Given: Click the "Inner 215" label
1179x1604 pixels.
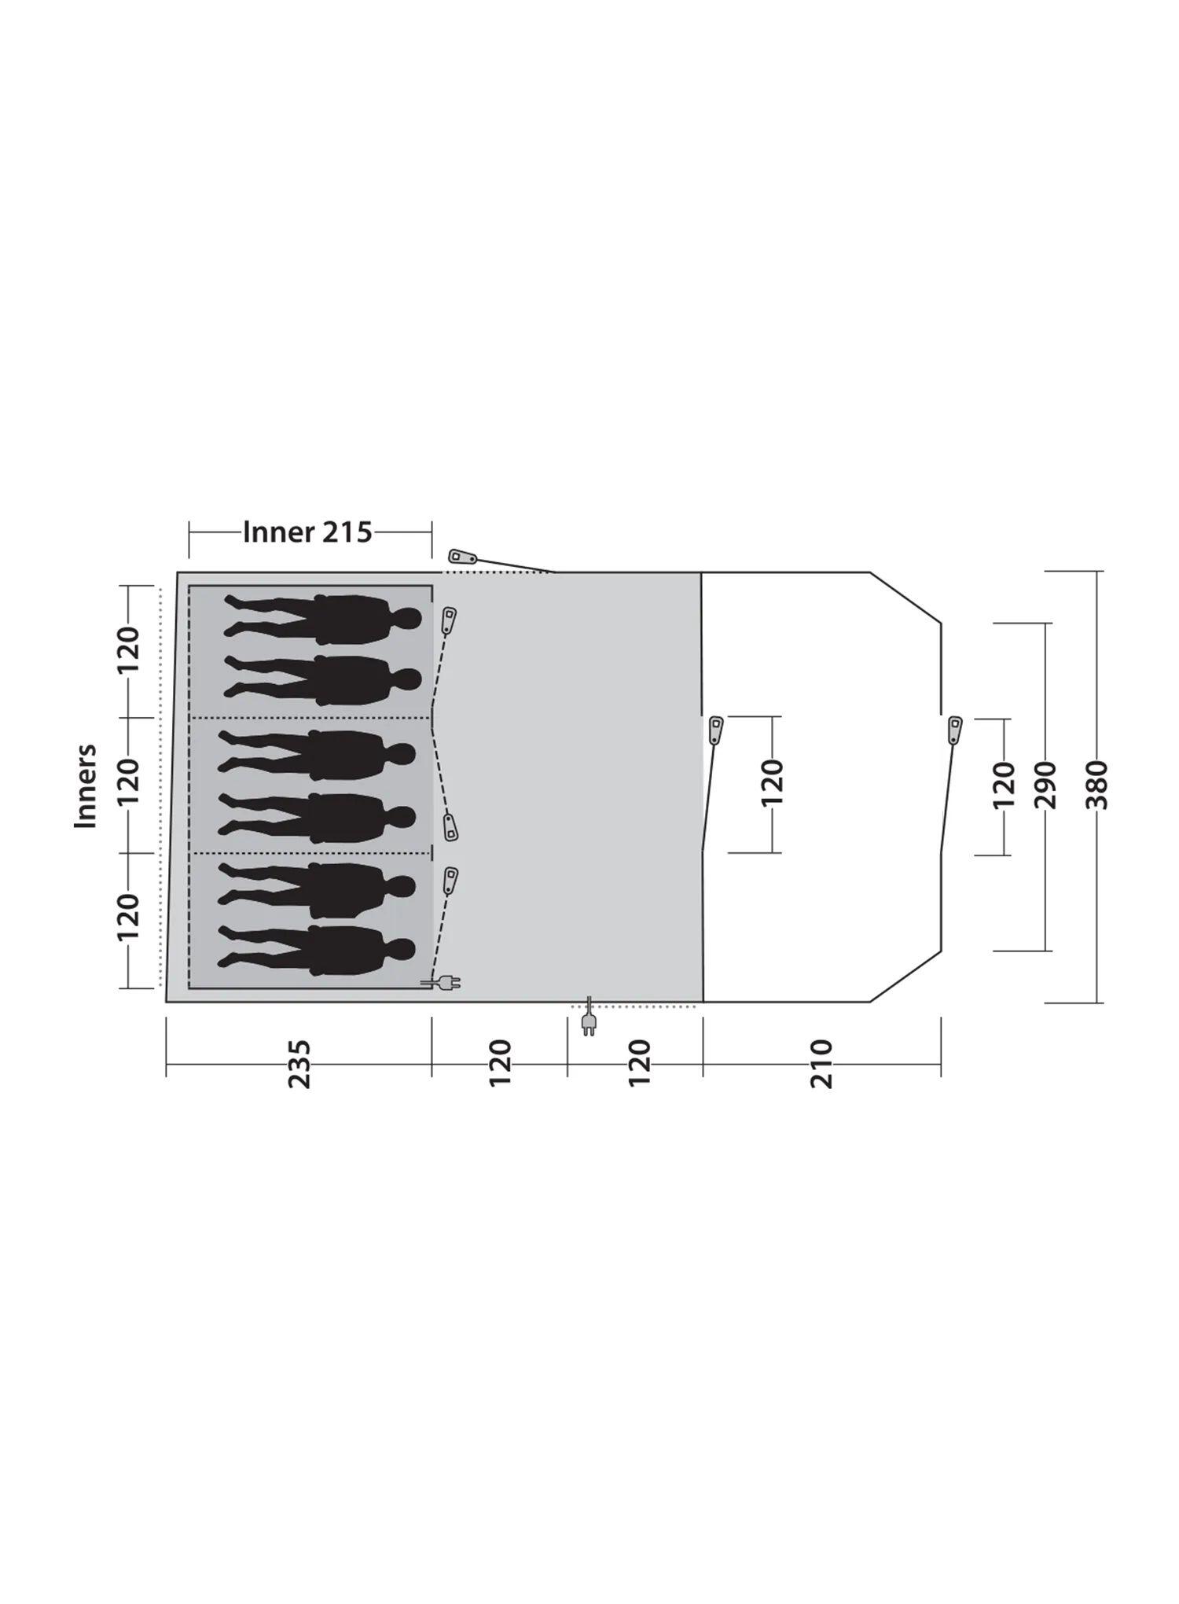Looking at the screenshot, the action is pyautogui.click(x=307, y=532).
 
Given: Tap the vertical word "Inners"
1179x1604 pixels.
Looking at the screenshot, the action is pyautogui.click(x=85, y=785).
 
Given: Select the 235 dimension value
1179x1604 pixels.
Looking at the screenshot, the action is pyautogui.click(x=299, y=1064).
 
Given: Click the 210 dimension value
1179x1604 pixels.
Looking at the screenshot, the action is pyautogui.click(x=821, y=1064).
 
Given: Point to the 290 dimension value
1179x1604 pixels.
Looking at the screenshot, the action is pyautogui.click(x=1046, y=785).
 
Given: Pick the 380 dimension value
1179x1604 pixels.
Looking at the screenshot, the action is pyautogui.click(x=1098, y=785).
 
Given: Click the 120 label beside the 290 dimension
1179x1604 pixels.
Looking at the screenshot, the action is pyautogui.click(x=1005, y=785).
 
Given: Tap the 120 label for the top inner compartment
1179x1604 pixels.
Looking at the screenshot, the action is pyautogui.click(x=128, y=649).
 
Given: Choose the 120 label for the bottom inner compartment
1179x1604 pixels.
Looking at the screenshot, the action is pyautogui.click(x=128, y=917).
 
